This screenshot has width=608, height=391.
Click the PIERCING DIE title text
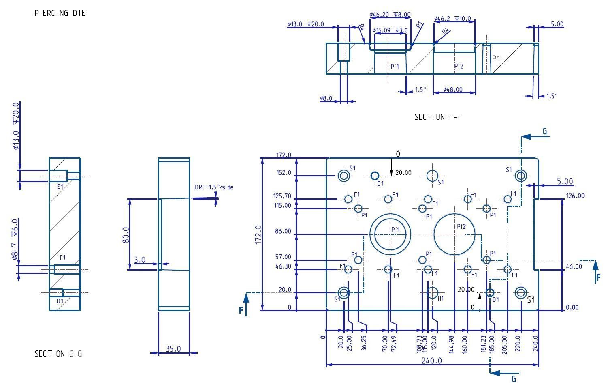tap(60, 13)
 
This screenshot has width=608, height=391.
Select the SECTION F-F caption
tap(437, 117)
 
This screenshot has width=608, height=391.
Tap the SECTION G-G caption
tap(58, 354)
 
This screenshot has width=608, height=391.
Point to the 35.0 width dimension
tap(173, 349)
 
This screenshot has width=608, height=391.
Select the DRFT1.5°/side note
tap(214, 187)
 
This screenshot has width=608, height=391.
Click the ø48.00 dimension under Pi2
tap(452, 89)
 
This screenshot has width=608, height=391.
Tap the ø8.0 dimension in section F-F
tap(326, 98)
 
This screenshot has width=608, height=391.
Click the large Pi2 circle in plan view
tap(454, 234)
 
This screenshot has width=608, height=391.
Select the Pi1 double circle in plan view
tap(390, 234)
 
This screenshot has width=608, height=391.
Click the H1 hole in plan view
tap(433, 292)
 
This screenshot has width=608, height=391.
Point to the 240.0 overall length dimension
tap(431, 361)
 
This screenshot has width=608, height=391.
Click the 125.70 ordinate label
tap(282, 196)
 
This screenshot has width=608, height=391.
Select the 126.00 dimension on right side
tap(575, 195)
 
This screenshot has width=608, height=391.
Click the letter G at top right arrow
tap(545, 131)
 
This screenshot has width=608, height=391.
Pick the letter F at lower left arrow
tap(241, 310)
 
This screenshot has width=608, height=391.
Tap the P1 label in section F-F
tap(496, 58)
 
